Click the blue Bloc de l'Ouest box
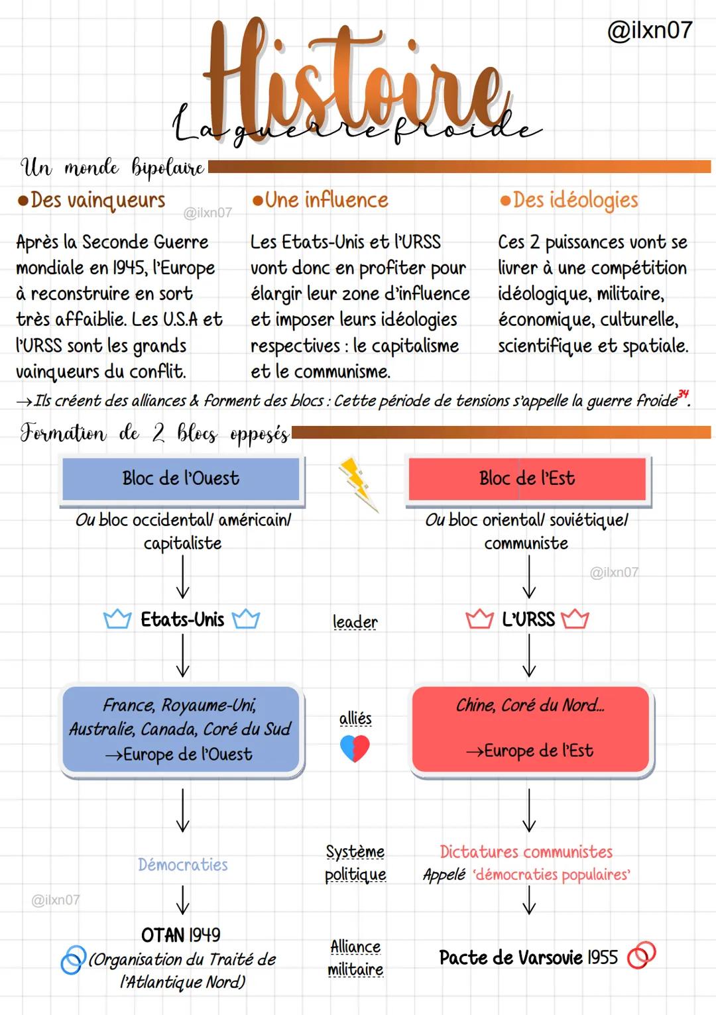point(181,479)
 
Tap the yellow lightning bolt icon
point(359,484)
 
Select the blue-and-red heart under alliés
point(355,748)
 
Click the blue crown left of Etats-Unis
point(117,619)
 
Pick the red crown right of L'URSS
point(575,619)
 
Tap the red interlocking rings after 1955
point(642,955)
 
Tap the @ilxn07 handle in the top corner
point(650,30)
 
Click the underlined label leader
point(355,622)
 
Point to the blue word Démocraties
point(183,865)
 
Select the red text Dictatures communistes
point(526,852)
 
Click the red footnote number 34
point(683,394)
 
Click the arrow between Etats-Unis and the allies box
point(183,655)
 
